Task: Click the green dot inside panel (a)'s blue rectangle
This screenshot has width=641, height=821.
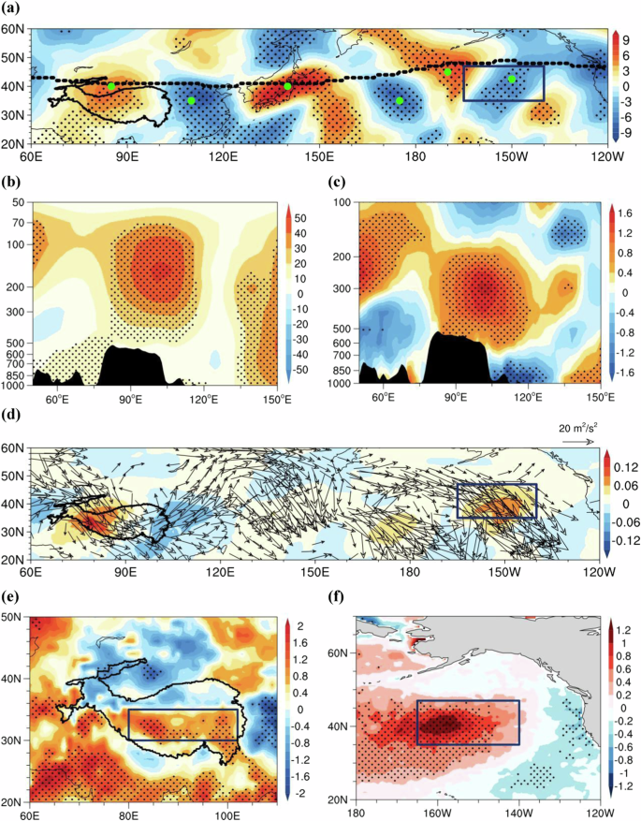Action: click(x=511, y=80)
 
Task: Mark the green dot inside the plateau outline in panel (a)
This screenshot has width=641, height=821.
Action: click(x=111, y=86)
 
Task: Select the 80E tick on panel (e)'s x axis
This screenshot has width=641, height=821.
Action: click(x=130, y=811)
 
